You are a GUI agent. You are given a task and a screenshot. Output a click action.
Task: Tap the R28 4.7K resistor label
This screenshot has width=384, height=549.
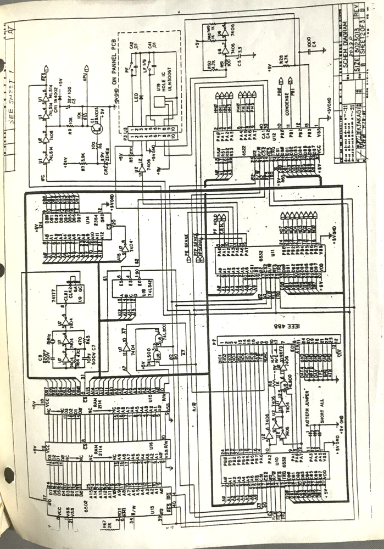(x=282, y=60)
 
